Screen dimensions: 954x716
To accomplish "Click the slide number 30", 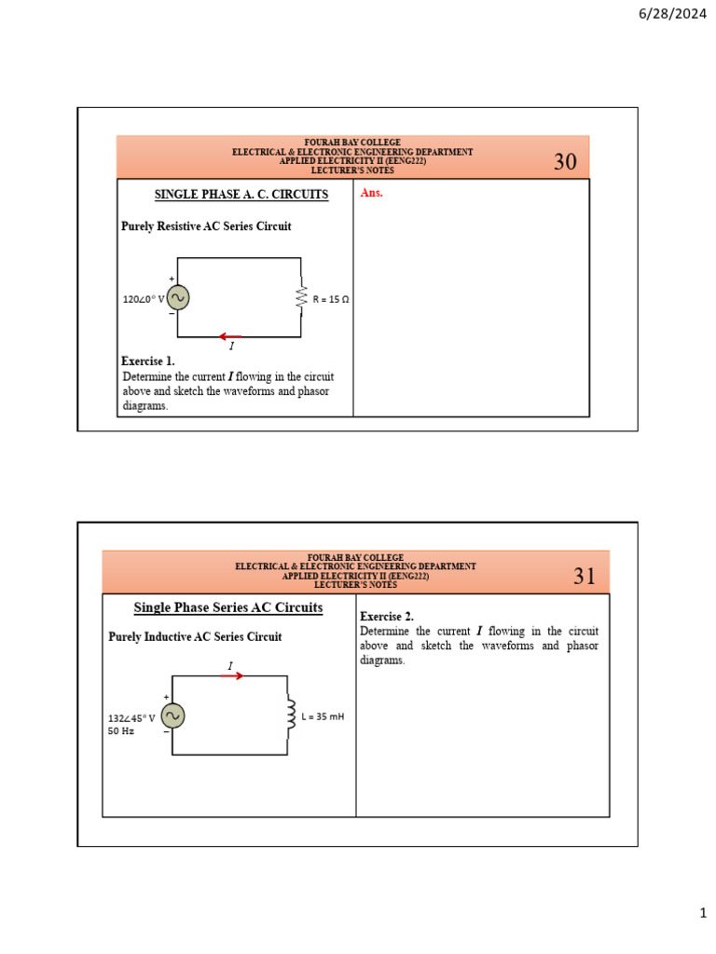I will click(565, 162).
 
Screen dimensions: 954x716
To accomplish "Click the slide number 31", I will click(585, 577).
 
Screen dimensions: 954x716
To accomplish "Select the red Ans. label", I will click(371, 194).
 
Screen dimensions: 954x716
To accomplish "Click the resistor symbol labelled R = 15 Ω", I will click(301, 298).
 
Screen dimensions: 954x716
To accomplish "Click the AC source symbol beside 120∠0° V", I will click(178, 298).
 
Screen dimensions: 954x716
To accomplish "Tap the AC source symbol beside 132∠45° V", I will click(172, 715).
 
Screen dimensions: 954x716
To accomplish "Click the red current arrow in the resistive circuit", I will click(230, 336).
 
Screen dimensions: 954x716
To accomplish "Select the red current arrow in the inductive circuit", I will click(231, 676).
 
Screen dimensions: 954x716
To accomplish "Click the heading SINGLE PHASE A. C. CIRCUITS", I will click(241, 195).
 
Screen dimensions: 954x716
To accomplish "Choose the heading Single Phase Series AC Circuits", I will click(228, 607).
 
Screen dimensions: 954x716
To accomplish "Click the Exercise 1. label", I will click(148, 361).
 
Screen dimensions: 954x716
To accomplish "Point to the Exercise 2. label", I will click(387, 617).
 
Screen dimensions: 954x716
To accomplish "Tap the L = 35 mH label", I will click(323, 716).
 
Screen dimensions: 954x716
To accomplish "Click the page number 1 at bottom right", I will click(704, 915).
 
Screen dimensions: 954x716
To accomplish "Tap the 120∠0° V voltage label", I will click(143, 300).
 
